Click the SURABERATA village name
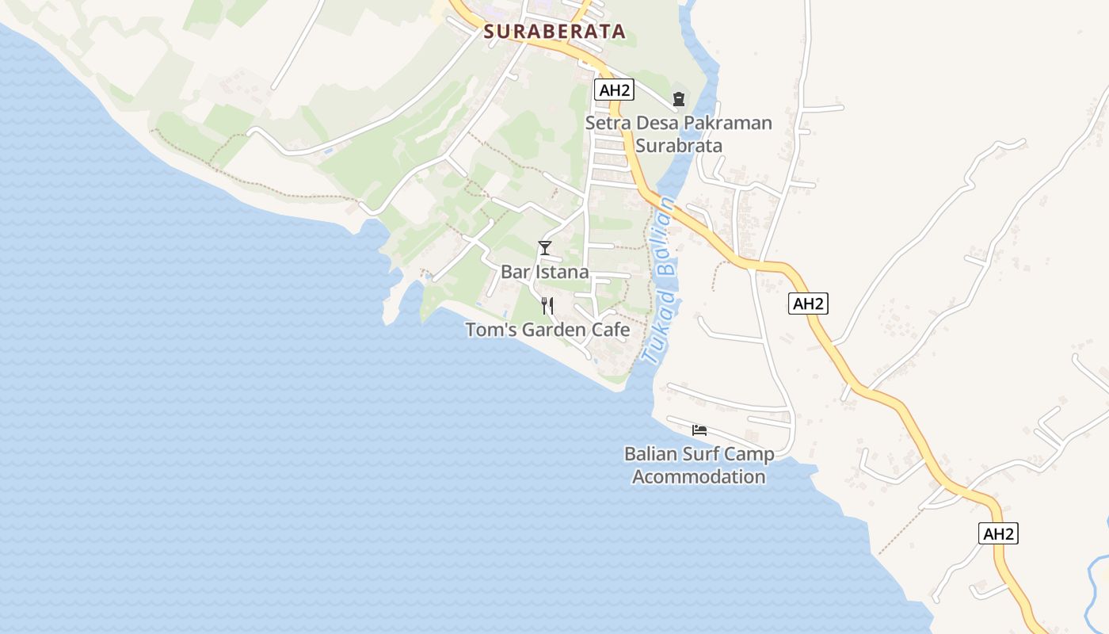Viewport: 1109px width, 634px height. (554, 32)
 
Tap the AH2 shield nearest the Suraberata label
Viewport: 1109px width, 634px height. (614, 90)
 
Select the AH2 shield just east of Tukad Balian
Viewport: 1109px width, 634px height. (808, 304)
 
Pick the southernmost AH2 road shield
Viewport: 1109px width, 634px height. (998, 533)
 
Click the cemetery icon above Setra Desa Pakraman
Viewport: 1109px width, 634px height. (678, 99)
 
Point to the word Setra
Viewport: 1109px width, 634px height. (606, 124)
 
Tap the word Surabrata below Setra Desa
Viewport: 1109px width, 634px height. (679, 146)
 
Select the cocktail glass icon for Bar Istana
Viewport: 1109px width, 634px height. (544, 248)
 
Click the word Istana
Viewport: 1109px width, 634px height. (562, 272)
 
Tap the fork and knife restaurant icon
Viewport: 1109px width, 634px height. (547, 306)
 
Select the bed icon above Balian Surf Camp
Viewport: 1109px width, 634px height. (699, 430)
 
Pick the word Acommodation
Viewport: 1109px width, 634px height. (699, 477)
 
